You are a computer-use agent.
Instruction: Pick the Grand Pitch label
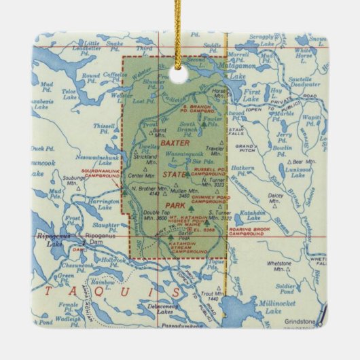(x=246, y=148)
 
